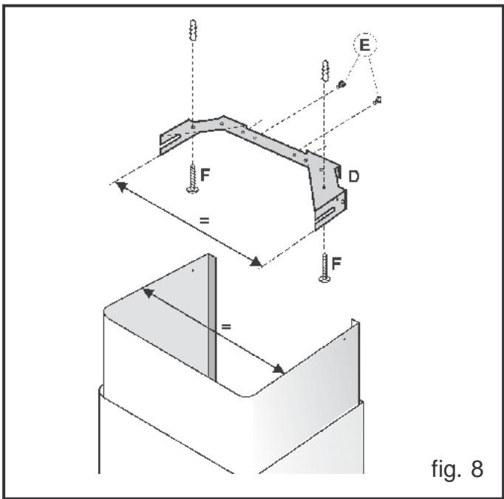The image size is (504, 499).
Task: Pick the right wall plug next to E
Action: tap(323, 74)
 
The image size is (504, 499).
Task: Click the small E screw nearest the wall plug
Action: tap(341, 85)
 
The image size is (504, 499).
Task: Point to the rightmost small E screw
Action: tap(378, 99)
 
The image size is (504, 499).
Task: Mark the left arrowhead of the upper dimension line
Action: tap(118, 184)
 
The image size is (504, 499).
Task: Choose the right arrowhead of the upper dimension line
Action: tap(256, 262)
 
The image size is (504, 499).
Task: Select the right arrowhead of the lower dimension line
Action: tap(281, 369)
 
